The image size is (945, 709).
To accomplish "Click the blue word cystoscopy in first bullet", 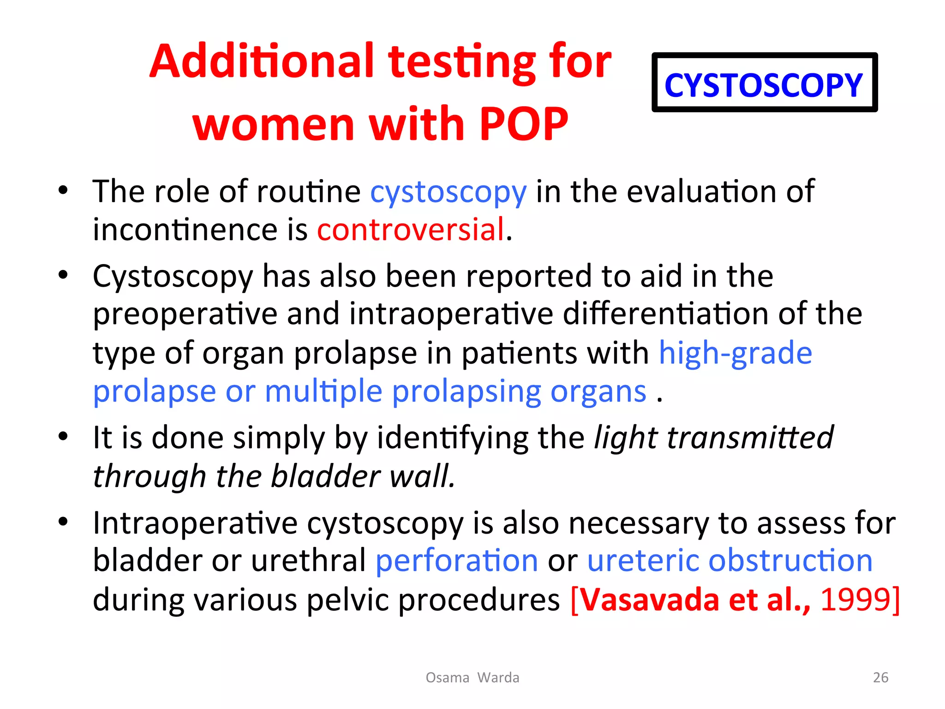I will pyautogui.click(x=448, y=192).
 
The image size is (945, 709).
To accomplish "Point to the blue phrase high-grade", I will pyautogui.click(x=735, y=353).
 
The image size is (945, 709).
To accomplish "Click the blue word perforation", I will pyautogui.click(x=457, y=561).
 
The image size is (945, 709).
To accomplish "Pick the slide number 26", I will pyautogui.click(x=880, y=677).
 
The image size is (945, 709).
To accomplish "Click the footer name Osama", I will pyautogui.click(x=447, y=677).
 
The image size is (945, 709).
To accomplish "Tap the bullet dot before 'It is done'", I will pyautogui.click(x=63, y=436).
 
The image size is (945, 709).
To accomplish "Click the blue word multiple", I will pyautogui.click(x=323, y=391).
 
